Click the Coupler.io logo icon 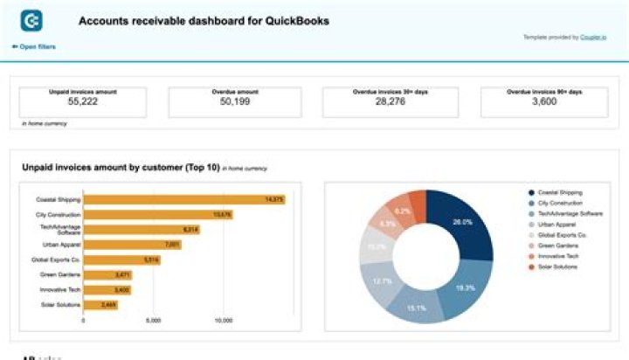31,21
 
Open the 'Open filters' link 35,46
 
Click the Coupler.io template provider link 593,38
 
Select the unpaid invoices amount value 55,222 80,102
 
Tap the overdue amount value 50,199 236,102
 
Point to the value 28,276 391,102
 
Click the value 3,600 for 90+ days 544,102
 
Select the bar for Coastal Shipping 183,199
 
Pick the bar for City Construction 157,214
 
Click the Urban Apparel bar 132,244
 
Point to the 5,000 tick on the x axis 153,321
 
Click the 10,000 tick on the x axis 223,321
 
